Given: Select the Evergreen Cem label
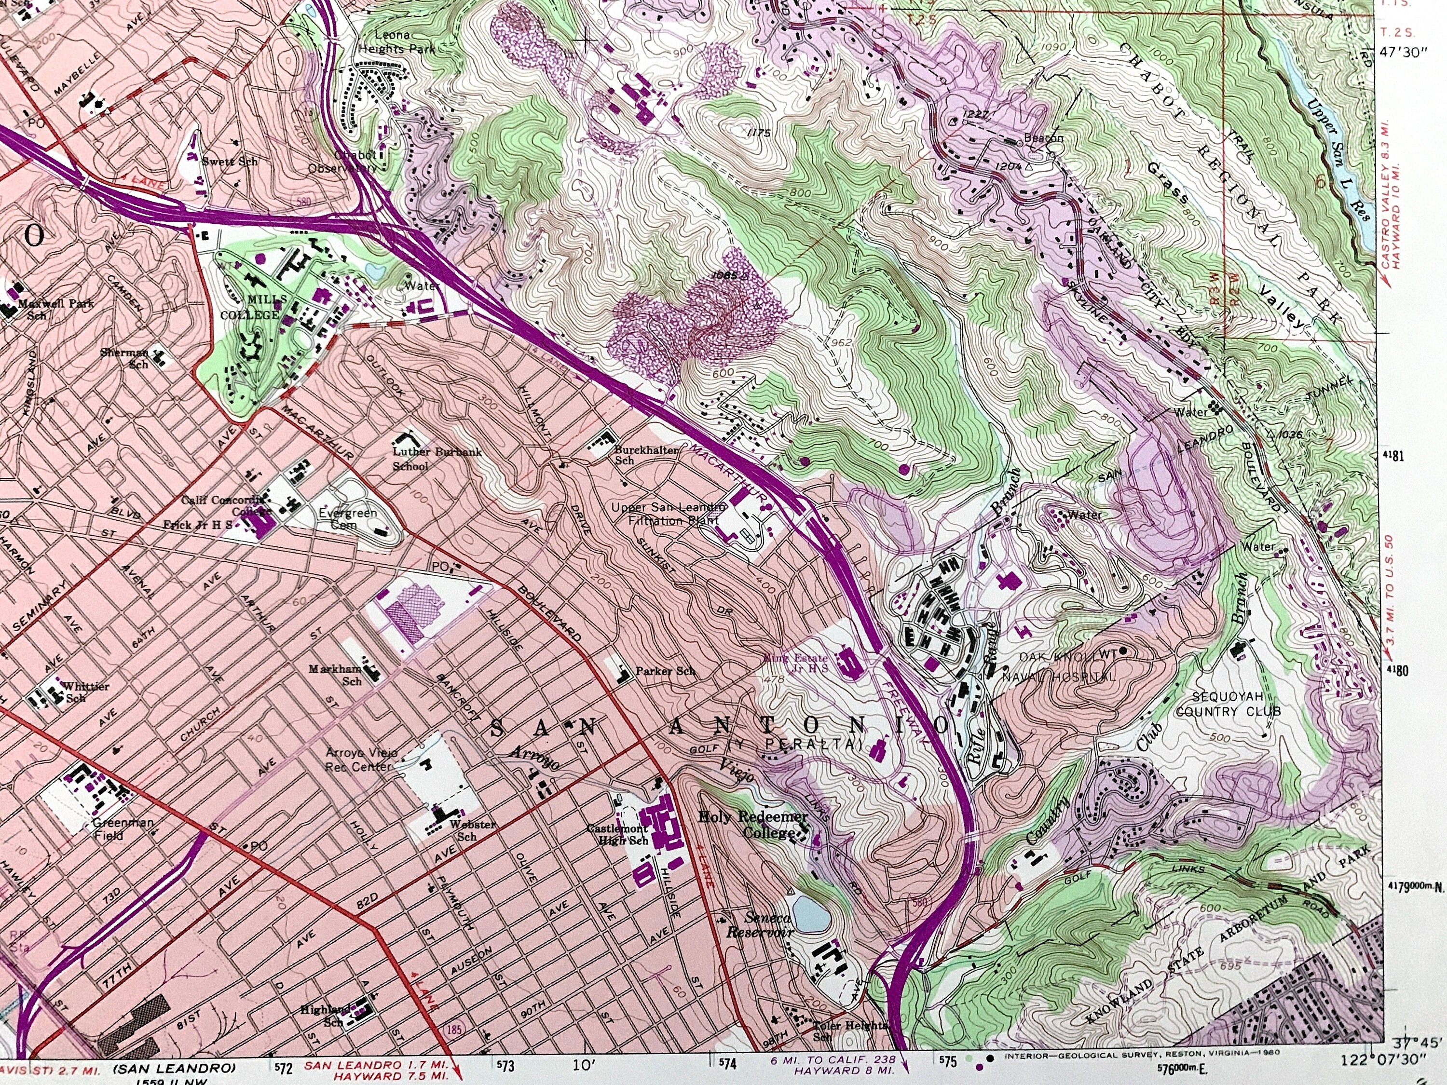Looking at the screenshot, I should coord(347,518).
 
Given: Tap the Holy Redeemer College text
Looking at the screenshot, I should coord(753,824).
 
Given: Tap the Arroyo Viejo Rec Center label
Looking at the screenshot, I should coord(361,759).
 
